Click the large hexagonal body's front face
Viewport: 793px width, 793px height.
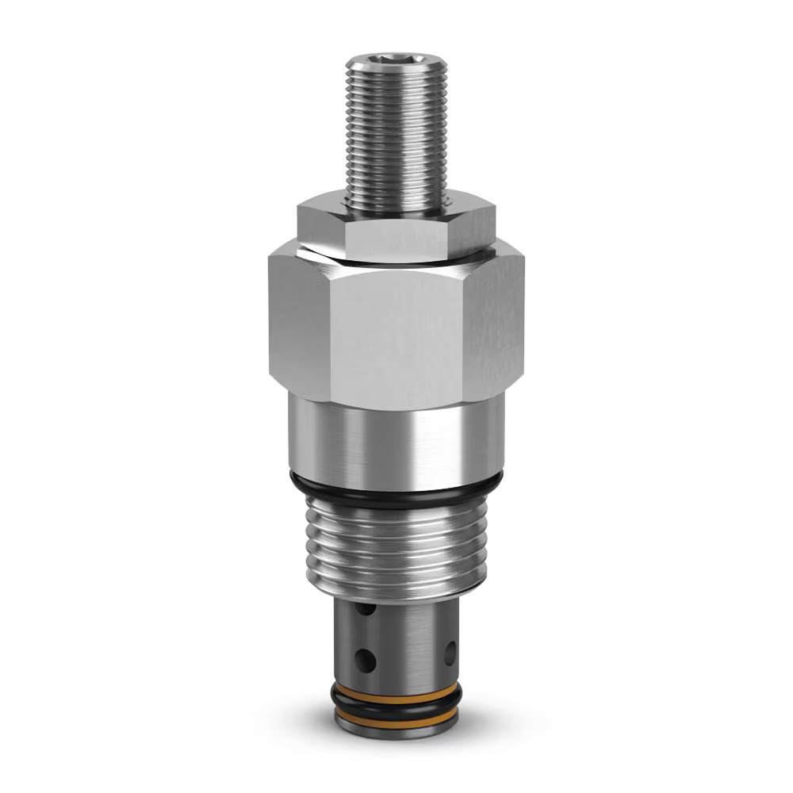(394, 337)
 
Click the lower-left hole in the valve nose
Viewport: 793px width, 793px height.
(366, 659)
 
